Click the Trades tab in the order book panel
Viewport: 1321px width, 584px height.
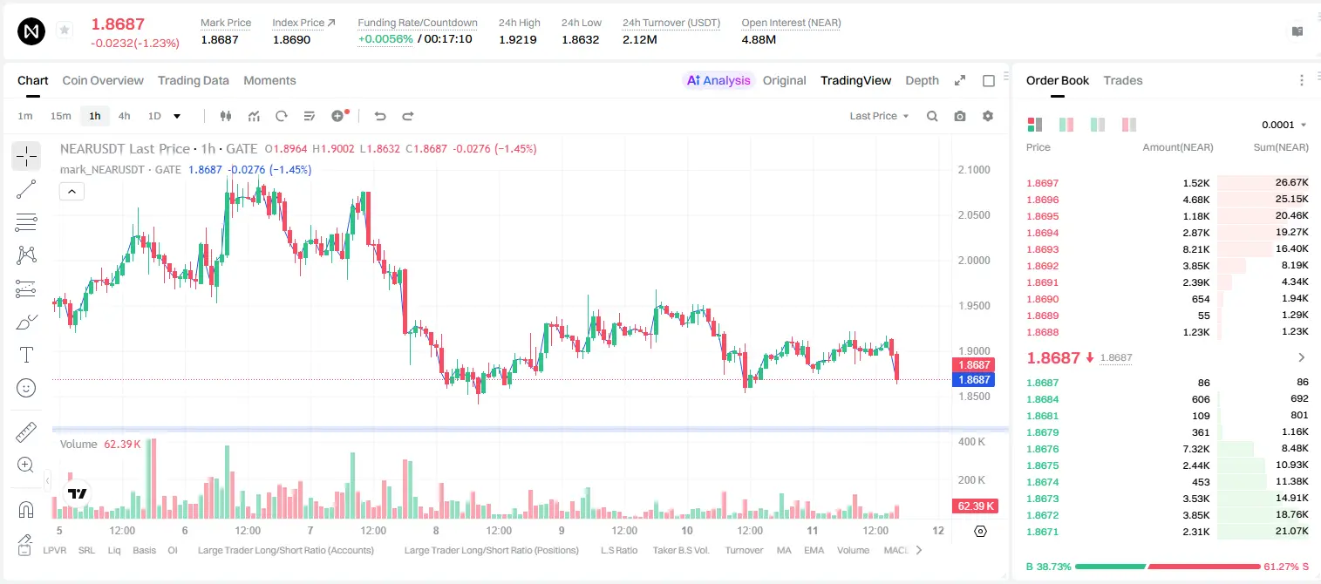click(1123, 80)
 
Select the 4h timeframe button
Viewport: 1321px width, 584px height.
click(124, 116)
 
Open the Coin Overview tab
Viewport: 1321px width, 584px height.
click(103, 80)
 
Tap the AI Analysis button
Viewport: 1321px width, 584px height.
click(718, 80)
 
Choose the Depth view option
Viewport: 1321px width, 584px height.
click(922, 80)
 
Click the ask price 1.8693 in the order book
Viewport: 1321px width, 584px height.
click(1043, 249)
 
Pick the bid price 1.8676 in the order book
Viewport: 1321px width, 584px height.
click(1043, 449)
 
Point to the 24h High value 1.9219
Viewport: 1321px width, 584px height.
click(518, 39)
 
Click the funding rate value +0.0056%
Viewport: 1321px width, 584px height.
click(385, 39)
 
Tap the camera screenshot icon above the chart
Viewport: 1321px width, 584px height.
click(960, 116)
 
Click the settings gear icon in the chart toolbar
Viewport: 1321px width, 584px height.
click(988, 116)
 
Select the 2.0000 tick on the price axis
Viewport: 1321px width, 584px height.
click(974, 261)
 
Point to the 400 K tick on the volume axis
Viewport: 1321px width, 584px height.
click(972, 441)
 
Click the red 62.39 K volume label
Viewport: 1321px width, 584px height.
click(975, 506)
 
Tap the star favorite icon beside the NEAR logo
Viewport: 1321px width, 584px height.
click(65, 30)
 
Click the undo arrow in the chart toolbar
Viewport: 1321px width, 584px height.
click(380, 116)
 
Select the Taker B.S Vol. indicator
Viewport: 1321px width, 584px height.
click(680, 550)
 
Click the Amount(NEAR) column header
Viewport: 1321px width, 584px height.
click(1178, 147)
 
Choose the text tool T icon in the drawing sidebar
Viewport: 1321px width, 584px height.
click(26, 355)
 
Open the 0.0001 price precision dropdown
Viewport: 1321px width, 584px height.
click(1284, 125)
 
